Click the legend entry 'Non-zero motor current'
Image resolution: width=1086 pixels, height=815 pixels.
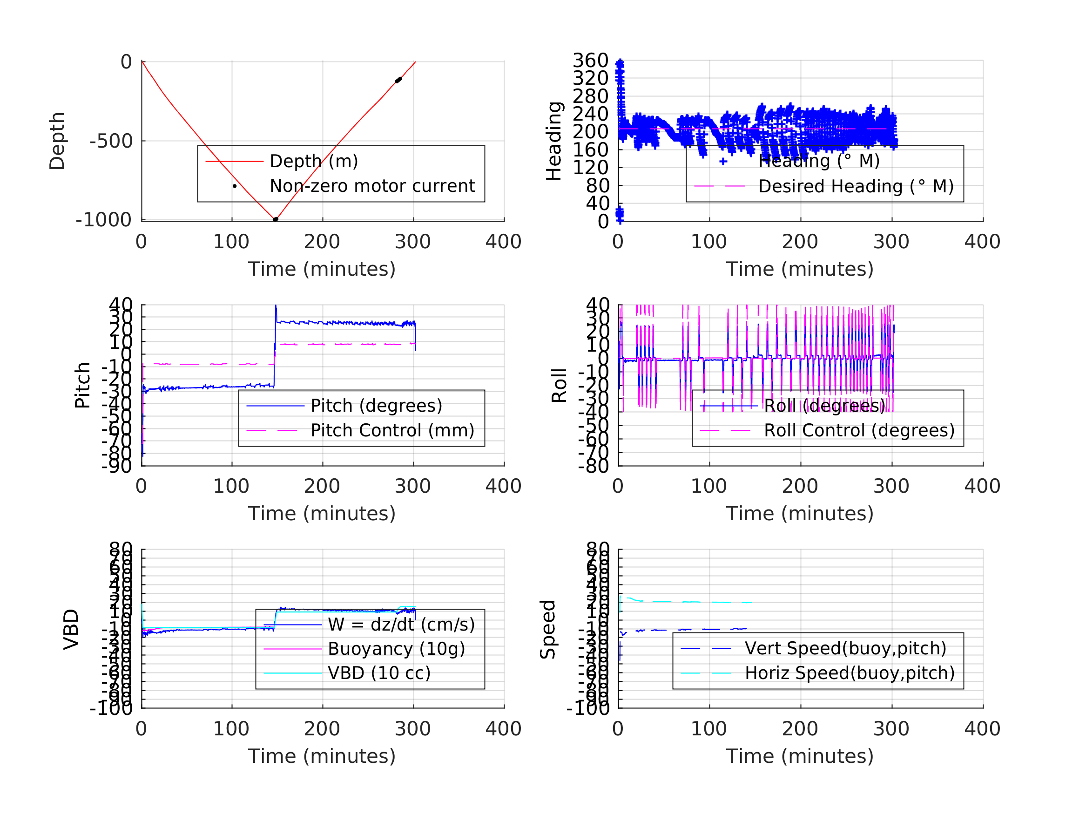pos(372,186)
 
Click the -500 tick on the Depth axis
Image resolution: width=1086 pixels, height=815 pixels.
pos(111,142)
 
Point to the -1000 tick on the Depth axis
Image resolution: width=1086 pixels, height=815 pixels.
pos(104,220)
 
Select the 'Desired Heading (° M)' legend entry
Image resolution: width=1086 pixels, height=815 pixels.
pos(856,187)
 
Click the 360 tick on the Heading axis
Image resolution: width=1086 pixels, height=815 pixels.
pos(590,61)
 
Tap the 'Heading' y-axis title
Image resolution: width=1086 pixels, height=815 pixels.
pos(554,141)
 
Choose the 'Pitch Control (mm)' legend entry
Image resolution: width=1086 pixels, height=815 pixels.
pos(392,430)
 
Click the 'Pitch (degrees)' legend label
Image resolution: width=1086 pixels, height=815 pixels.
pos(376,406)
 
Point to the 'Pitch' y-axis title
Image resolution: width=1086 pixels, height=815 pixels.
pos(82,386)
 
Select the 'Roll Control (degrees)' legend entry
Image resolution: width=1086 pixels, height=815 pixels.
pos(859,430)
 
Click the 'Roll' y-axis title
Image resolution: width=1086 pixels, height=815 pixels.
pos(559,386)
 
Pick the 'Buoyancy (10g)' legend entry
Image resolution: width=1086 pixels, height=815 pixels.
pos(396,649)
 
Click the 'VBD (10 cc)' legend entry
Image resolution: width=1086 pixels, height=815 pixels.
pos(379,673)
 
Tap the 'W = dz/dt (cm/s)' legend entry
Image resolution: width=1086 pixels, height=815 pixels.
pos(401,625)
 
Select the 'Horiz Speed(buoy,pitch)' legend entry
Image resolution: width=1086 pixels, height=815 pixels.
pos(850,673)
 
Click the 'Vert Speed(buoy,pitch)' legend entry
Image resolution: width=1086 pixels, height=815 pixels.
pos(845,648)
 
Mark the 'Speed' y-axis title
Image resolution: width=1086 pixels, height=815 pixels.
pos(548,629)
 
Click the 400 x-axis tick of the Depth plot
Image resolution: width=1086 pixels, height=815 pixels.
pos(503,242)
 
